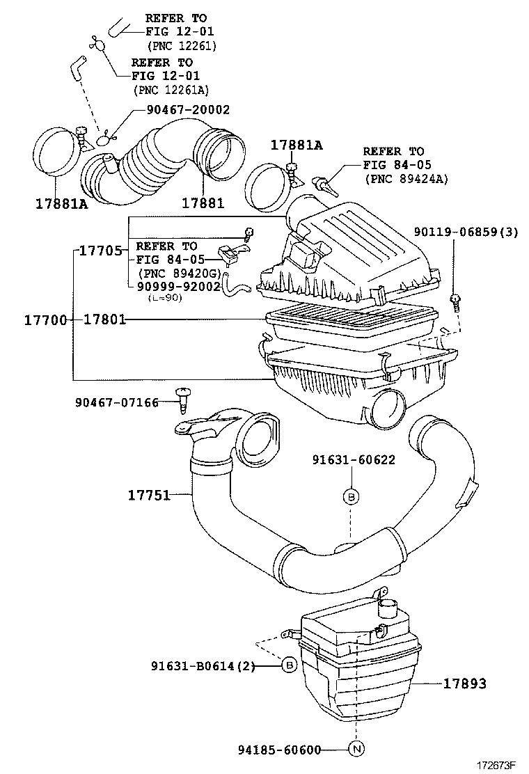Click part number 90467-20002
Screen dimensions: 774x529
point(188,110)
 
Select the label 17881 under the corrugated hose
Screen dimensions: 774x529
point(203,203)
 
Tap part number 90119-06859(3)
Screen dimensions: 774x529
point(466,232)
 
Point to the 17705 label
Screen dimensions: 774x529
point(100,251)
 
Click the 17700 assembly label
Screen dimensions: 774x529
point(45,320)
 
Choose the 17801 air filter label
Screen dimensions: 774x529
point(105,320)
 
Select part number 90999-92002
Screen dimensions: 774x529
point(179,285)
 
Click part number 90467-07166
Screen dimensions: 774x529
point(116,402)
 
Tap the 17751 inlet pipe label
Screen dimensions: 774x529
point(149,495)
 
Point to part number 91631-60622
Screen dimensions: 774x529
point(353,459)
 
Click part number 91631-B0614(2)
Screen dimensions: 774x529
point(203,666)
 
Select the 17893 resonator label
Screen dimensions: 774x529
point(465,684)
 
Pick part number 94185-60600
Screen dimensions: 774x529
point(278,750)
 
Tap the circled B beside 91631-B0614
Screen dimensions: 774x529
point(289,666)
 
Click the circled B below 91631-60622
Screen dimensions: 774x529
point(352,496)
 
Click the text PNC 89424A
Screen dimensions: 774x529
point(406,178)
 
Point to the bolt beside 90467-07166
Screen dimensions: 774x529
point(184,400)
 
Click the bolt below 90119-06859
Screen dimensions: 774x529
point(455,301)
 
